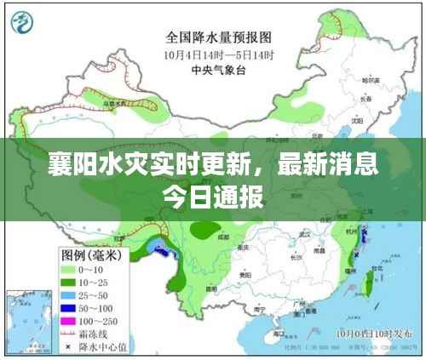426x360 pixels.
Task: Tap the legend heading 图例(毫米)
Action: (x=89, y=253)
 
